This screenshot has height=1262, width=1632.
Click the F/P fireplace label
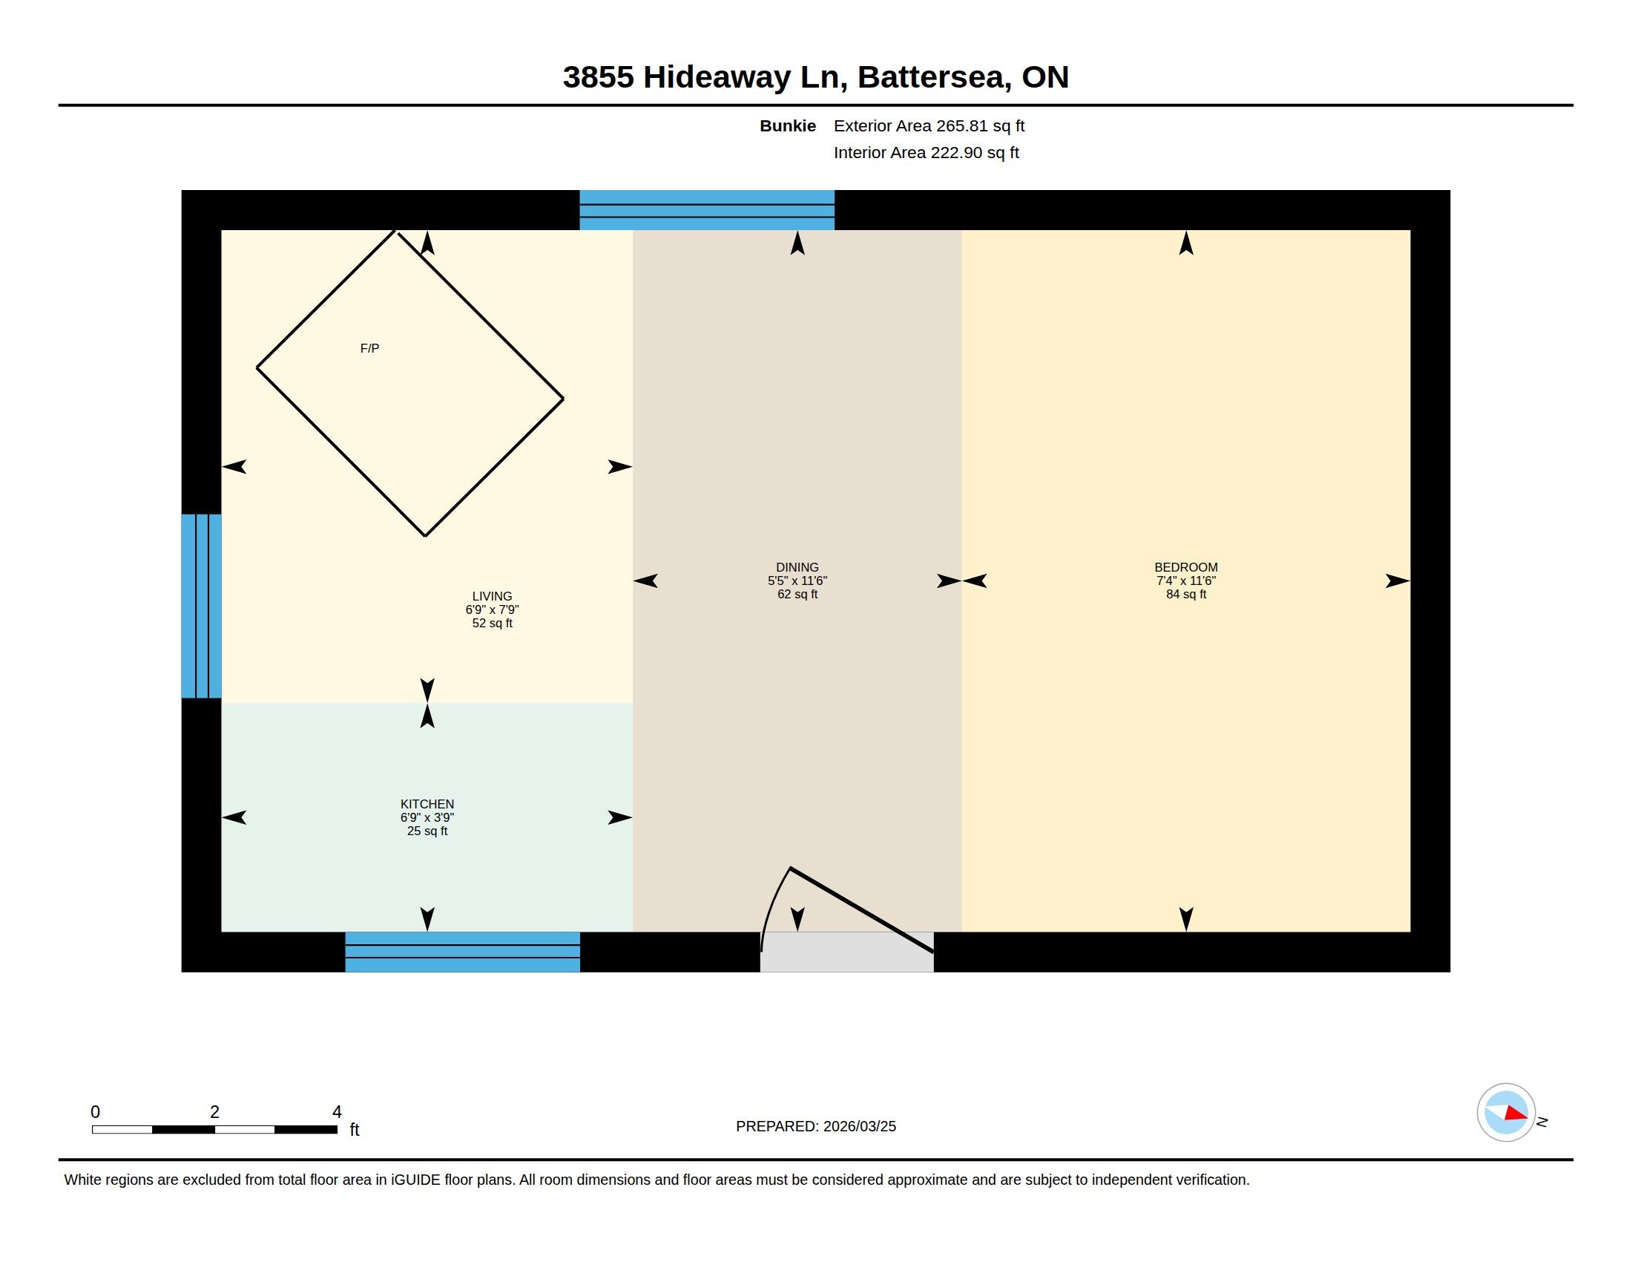369,348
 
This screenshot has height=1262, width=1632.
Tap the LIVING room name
492,596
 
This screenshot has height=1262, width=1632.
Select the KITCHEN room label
427,804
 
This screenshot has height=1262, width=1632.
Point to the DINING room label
797,567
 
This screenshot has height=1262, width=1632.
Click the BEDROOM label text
1186,567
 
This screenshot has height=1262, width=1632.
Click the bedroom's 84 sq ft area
1186,595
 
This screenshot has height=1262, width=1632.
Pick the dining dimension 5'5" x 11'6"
797,581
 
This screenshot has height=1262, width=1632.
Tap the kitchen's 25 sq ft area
427,831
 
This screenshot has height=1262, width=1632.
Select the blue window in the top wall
707,210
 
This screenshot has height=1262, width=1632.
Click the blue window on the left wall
201,606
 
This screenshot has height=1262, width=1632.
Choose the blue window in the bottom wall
463,952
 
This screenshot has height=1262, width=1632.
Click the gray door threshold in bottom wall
846,952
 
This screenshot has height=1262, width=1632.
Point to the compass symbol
1506,1113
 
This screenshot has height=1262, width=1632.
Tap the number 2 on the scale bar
214,1112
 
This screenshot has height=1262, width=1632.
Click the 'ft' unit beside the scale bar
354,1130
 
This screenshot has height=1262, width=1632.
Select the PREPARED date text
816,1126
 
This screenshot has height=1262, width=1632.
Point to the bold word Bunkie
788,125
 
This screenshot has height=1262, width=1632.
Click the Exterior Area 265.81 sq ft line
929,125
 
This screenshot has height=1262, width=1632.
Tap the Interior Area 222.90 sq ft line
926,152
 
